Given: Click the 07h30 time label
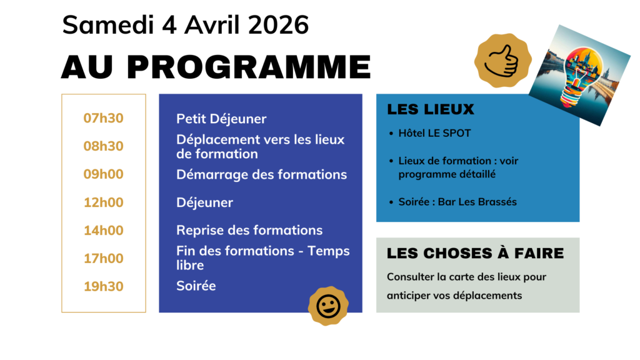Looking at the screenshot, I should point(103,118).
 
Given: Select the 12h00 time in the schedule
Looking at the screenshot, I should point(103,202).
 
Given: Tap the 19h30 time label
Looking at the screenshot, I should point(103,286).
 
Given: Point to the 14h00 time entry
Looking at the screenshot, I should point(103,231).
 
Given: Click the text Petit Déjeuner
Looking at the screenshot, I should point(221,119).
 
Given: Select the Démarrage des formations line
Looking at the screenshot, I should point(261,174).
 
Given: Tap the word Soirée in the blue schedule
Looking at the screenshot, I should point(196,286).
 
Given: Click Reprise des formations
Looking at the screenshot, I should point(249,231).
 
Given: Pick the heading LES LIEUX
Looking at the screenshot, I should point(431,109).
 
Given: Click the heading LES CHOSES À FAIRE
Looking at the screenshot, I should point(475,253).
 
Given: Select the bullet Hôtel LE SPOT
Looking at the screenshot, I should point(434,133).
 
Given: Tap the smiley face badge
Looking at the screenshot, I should point(328,306).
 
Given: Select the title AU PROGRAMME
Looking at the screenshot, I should point(216,67).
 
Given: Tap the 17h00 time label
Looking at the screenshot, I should point(103,259).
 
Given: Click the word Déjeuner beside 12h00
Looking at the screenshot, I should point(204,202).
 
